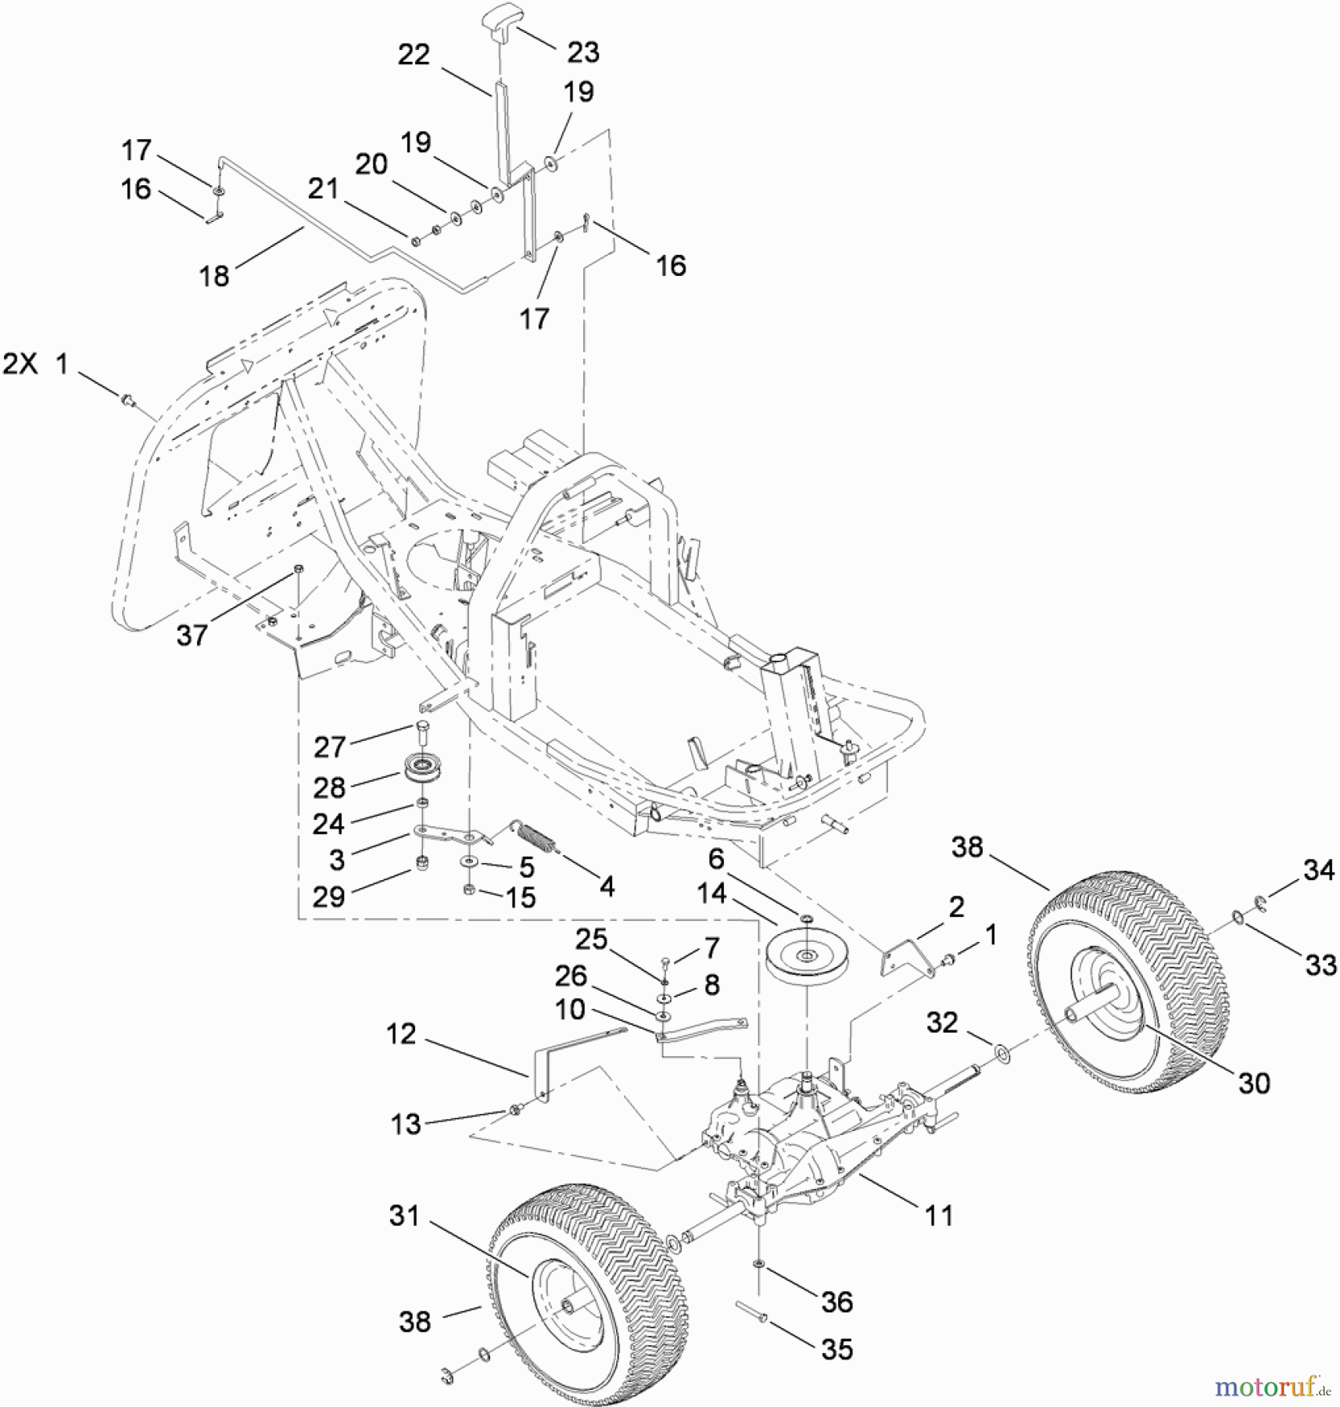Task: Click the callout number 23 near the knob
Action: [x=583, y=52]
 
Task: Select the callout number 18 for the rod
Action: [x=214, y=275]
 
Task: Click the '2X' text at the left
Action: [x=20, y=363]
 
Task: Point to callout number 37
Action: [x=192, y=635]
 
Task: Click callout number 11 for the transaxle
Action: [x=938, y=1215]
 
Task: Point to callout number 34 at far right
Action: [x=1319, y=870]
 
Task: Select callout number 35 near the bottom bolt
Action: [x=837, y=1350]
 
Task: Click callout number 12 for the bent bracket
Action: [x=401, y=1035]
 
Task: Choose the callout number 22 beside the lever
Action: [x=414, y=55]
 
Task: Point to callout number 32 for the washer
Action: [x=942, y=1022]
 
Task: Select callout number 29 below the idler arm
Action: [x=328, y=897]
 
